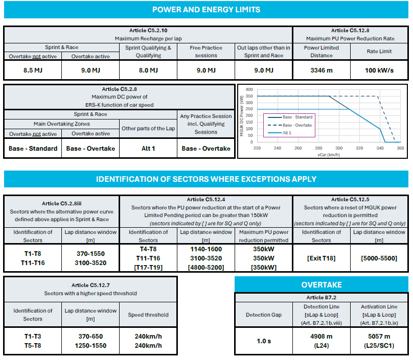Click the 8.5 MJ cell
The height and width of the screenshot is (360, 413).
tap(33, 70)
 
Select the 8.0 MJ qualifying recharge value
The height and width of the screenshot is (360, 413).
tap(148, 70)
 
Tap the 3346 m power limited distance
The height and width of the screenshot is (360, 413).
tap(322, 70)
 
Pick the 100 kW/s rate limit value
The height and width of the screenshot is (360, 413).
tap(379, 70)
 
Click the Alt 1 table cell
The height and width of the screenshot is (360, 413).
tap(148, 149)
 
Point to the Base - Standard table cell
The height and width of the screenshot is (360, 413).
tap(33, 149)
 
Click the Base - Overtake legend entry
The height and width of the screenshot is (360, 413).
tap(290, 125)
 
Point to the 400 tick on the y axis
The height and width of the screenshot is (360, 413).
tap(249, 89)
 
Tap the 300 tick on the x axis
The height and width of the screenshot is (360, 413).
tap(339, 148)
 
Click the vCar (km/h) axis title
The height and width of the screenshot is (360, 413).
tap(329, 155)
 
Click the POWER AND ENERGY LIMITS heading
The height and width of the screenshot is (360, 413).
tap(206, 10)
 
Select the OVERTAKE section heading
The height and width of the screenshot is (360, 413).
tap(322, 285)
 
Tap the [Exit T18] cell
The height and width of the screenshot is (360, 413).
tap(322, 258)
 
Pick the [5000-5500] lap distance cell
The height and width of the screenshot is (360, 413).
tap(379, 258)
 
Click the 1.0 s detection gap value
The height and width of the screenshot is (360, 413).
tap(264, 341)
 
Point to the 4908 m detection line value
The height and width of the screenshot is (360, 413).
tap(322, 337)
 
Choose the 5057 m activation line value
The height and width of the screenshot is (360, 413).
tap(379, 337)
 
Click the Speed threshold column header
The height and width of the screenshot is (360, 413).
tap(148, 315)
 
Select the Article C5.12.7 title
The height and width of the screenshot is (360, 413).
tap(90, 285)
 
